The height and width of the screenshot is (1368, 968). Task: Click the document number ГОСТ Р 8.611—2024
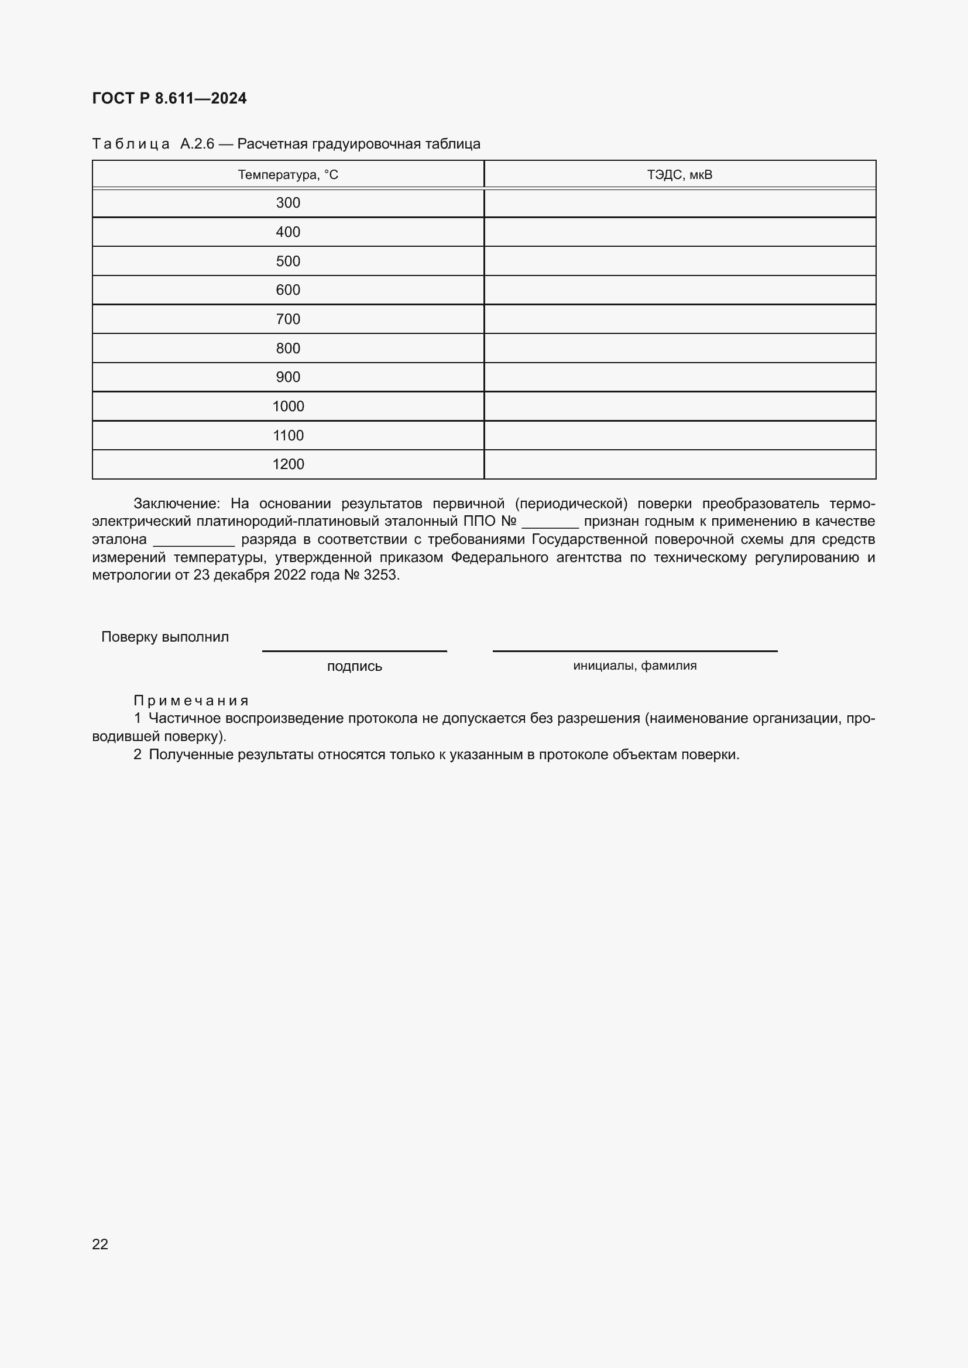[169, 98]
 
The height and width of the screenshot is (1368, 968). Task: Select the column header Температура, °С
[288, 174]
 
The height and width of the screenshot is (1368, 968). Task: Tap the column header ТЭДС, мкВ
[679, 174]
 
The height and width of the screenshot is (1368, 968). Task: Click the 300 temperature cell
[288, 203]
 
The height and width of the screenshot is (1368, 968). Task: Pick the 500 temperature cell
[288, 261]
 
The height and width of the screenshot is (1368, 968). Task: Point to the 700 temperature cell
[288, 319]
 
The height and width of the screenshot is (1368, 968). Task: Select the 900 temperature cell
[288, 377]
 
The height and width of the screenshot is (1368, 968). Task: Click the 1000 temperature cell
[288, 406]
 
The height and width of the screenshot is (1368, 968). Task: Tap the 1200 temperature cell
[288, 464]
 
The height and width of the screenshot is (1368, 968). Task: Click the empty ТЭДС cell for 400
[679, 232]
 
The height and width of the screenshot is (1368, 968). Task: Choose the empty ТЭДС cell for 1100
[679, 436]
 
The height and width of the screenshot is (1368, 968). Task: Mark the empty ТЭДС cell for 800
[679, 348]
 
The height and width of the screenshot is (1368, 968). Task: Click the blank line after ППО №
[550, 523]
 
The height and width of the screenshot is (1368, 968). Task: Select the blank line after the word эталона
[194, 542]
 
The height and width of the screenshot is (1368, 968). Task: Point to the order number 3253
[380, 575]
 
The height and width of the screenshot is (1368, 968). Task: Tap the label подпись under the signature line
[354, 666]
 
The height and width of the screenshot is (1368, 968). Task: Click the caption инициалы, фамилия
[635, 666]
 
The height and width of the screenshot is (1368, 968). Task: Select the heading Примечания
[191, 700]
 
